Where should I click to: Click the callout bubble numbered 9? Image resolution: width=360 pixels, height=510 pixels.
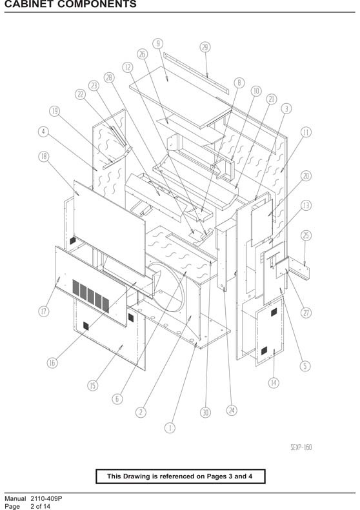point(158,44)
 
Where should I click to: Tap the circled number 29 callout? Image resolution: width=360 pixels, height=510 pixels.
point(205,47)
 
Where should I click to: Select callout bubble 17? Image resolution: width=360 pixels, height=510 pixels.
point(44,311)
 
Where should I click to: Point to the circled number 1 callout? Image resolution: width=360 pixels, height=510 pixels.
point(170,427)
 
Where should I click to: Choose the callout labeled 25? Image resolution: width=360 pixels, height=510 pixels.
point(306,235)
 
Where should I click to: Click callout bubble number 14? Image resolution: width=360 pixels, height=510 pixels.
point(274,383)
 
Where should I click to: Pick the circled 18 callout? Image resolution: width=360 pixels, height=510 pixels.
point(44,157)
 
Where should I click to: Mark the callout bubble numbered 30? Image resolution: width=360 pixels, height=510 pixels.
point(205,413)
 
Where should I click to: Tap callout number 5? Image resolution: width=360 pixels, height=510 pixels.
point(305,366)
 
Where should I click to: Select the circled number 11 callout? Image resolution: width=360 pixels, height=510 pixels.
point(306,132)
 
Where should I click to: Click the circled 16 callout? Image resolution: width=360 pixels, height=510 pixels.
point(52,362)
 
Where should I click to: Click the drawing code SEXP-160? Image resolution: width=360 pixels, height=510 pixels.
point(301,447)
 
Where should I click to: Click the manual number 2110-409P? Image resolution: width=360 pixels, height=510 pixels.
point(46,498)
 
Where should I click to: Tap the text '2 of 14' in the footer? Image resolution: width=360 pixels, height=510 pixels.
point(41,506)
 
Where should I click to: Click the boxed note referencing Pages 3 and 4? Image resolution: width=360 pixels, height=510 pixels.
point(181,476)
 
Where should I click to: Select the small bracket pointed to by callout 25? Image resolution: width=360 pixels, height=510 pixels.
point(299,268)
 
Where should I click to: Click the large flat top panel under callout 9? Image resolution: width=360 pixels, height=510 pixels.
point(181,97)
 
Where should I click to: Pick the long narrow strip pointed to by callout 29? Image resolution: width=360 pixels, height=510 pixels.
point(196,74)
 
